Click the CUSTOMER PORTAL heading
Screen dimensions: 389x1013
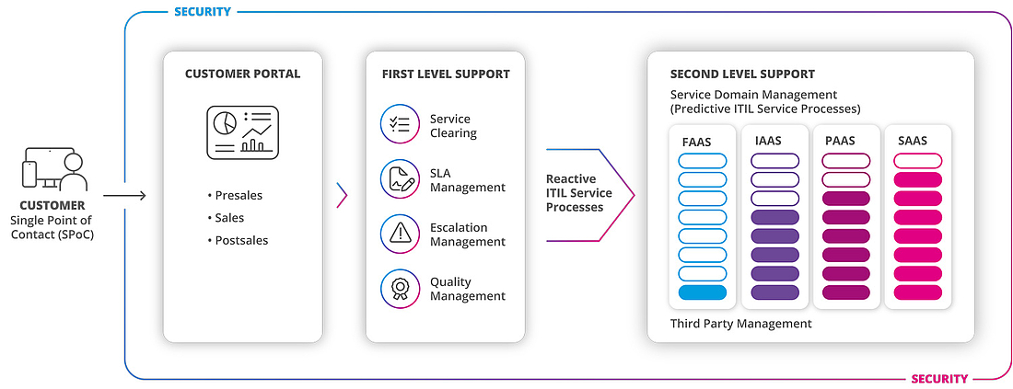pos(242,74)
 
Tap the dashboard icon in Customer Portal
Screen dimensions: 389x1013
pos(242,132)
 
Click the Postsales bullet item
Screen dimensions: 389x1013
pos(241,240)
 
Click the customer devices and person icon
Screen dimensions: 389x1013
pos(53,169)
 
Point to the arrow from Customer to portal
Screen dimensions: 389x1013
pos(124,195)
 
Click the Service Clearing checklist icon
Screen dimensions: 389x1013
pos(400,125)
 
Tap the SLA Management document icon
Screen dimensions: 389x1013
pos(400,180)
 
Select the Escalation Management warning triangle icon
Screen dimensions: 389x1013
pos(400,235)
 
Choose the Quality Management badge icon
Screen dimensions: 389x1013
pos(400,289)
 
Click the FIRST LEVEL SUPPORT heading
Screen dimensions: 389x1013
pos(446,74)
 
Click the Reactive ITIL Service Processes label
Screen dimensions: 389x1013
pos(578,193)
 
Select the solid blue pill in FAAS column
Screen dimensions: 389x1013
pos(702,292)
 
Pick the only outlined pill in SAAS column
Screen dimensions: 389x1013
pos(917,160)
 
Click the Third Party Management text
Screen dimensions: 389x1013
pos(740,324)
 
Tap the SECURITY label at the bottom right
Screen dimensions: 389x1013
pos(938,378)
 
